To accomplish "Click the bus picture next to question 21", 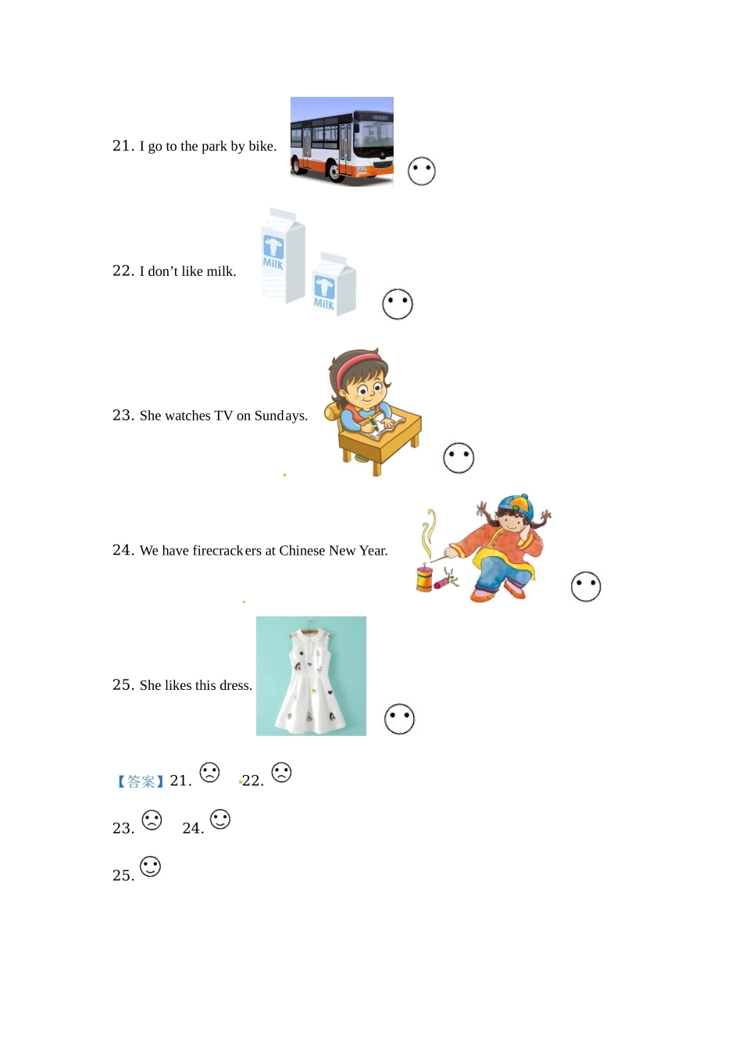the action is click(341, 141).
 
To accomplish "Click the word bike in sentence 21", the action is click(262, 146).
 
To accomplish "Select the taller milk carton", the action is click(283, 255).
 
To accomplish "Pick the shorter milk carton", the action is click(334, 284).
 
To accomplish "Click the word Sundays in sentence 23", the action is click(280, 416).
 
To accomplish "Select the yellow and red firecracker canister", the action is click(424, 578).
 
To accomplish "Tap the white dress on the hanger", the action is click(311, 680).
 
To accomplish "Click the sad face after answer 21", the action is click(209, 772).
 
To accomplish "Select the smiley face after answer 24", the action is click(220, 820).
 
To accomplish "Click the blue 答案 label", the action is click(141, 781).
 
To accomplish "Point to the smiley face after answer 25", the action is click(151, 866).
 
